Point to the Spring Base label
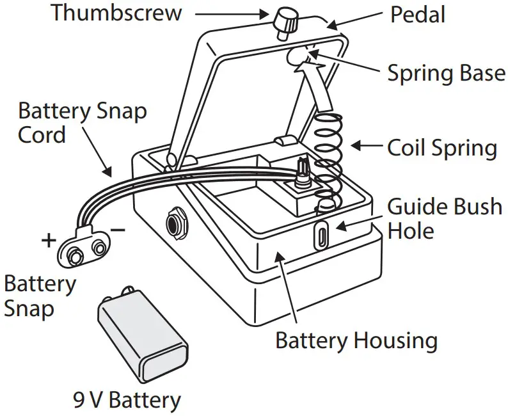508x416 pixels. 446,73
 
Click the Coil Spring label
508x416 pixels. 441,148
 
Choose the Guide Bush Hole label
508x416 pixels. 445,218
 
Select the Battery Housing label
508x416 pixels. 356,340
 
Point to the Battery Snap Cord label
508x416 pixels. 82,123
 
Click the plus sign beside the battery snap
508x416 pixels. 49,241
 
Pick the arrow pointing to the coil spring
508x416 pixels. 366,147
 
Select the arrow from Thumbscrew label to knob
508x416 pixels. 233,13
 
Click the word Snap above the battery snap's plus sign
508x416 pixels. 29,310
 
